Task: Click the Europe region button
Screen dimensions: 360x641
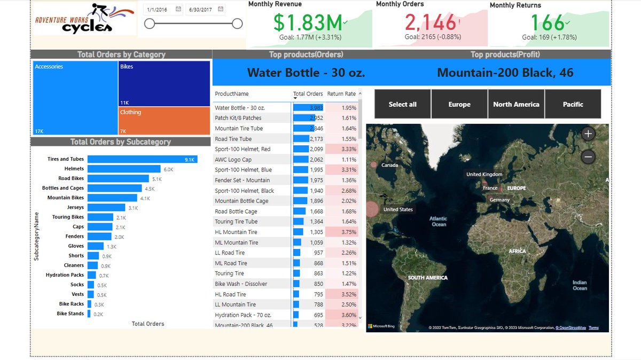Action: pyautogui.click(x=459, y=104)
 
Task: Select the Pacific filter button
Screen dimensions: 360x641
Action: pyautogui.click(x=573, y=104)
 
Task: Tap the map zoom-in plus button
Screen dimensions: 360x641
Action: pyautogui.click(x=588, y=134)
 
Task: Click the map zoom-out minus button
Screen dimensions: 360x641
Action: pyautogui.click(x=588, y=156)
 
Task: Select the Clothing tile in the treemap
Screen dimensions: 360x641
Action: pyautogui.click(x=164, y=121)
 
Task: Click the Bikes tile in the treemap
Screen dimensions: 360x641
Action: pyautogui.click(x=164, y=83)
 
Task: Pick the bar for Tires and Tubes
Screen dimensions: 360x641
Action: pyautogui.click(x=142, y=159)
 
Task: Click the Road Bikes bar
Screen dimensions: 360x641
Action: pyautogui.click(x=118, y=178)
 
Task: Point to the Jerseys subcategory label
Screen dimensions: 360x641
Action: pyautogui.click(x=75, y=208)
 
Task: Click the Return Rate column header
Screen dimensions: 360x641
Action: pyautogui.click(x=341, y=94)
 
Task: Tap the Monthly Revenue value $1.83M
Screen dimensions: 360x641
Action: pyautogui.click(x=308, y=23)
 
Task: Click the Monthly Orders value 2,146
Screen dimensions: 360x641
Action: pyautogui.click(x=430, y=23)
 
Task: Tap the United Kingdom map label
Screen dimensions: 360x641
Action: pyautogui.click(x=484, y=175)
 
